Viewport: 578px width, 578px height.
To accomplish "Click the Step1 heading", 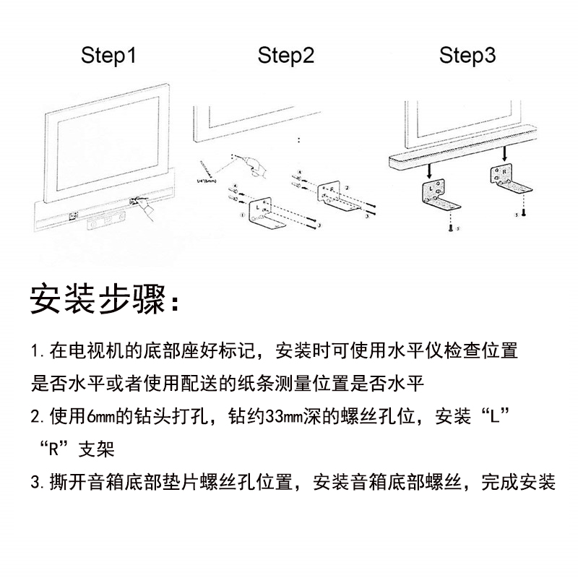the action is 108,56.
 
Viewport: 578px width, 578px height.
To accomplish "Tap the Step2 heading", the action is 286,56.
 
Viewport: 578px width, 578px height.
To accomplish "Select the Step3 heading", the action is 467,56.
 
